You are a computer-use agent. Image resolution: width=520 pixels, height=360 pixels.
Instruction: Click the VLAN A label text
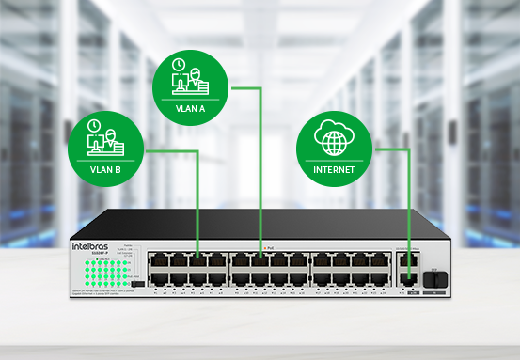pos(189,108)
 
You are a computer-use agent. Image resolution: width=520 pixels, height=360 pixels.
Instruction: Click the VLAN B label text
pos(104,171)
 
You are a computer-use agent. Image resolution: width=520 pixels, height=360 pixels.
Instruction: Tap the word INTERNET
pos(334,170)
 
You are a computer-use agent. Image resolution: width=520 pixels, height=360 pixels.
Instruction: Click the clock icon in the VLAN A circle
pos(179,66)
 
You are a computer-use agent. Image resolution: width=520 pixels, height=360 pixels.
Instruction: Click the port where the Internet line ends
pos(407,278)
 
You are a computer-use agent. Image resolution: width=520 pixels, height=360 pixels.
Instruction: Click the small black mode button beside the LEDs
pos(137,281)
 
